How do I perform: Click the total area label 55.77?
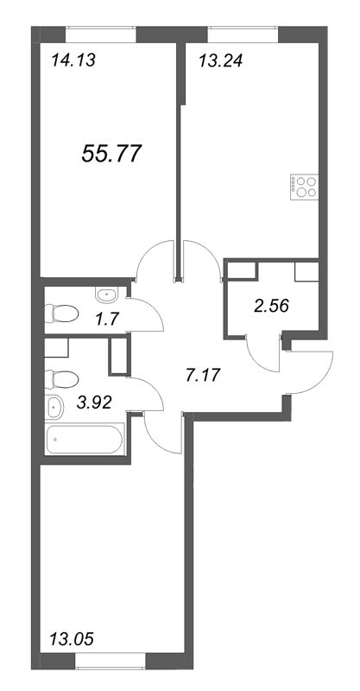(x=111, y=155)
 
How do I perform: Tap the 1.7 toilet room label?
(x=104, y=320)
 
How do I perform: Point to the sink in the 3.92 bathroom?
(x=55, y=406)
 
